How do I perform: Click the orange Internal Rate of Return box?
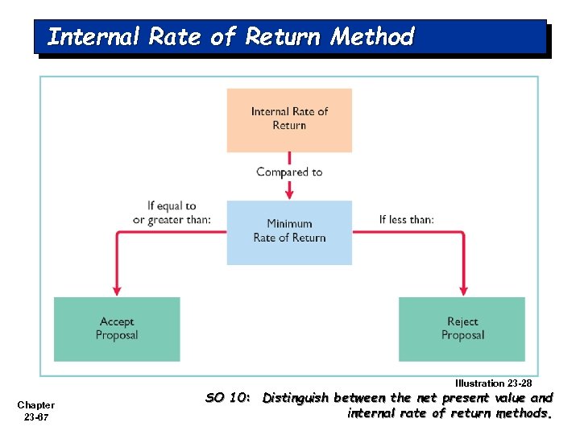tap(289, 119)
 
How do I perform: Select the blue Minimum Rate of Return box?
tap(289, 232)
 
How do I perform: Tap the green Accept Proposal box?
tap(117, 329)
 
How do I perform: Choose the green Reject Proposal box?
tap(462, 329)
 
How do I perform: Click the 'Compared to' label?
tap(289, 172)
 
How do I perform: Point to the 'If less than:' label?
tap(406, 219)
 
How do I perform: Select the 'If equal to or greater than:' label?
tap(172, 213)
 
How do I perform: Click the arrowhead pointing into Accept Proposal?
tap(117, 290)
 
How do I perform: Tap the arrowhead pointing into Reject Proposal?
tap(464, 290)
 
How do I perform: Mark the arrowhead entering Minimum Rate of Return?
tap(289, 193)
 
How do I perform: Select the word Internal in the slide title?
tap(93, 37)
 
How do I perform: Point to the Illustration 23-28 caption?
tap(493, 383)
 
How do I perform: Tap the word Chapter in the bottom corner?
tap(36, 405)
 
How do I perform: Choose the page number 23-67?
tap(36, 417)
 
